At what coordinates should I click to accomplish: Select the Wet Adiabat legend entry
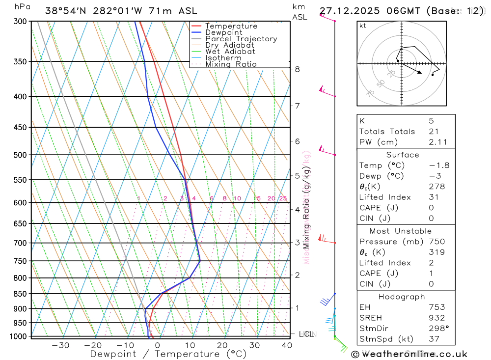pyautogui.click(x=230, y=52)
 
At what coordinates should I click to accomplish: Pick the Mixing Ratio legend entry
pyautogui.click(x=231, y=64)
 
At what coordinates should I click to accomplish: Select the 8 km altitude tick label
pyautogui.click(x=298, y=69)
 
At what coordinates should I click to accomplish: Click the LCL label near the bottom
pyautogui.click(x=306, y=334)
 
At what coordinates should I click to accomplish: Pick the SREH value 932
pyautogui.click(x=436, y=318)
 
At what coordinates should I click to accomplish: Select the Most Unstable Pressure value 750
pyautogui.click(x=436, y=242)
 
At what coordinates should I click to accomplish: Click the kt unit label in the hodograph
pyautogui.click(x=363, y=26)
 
